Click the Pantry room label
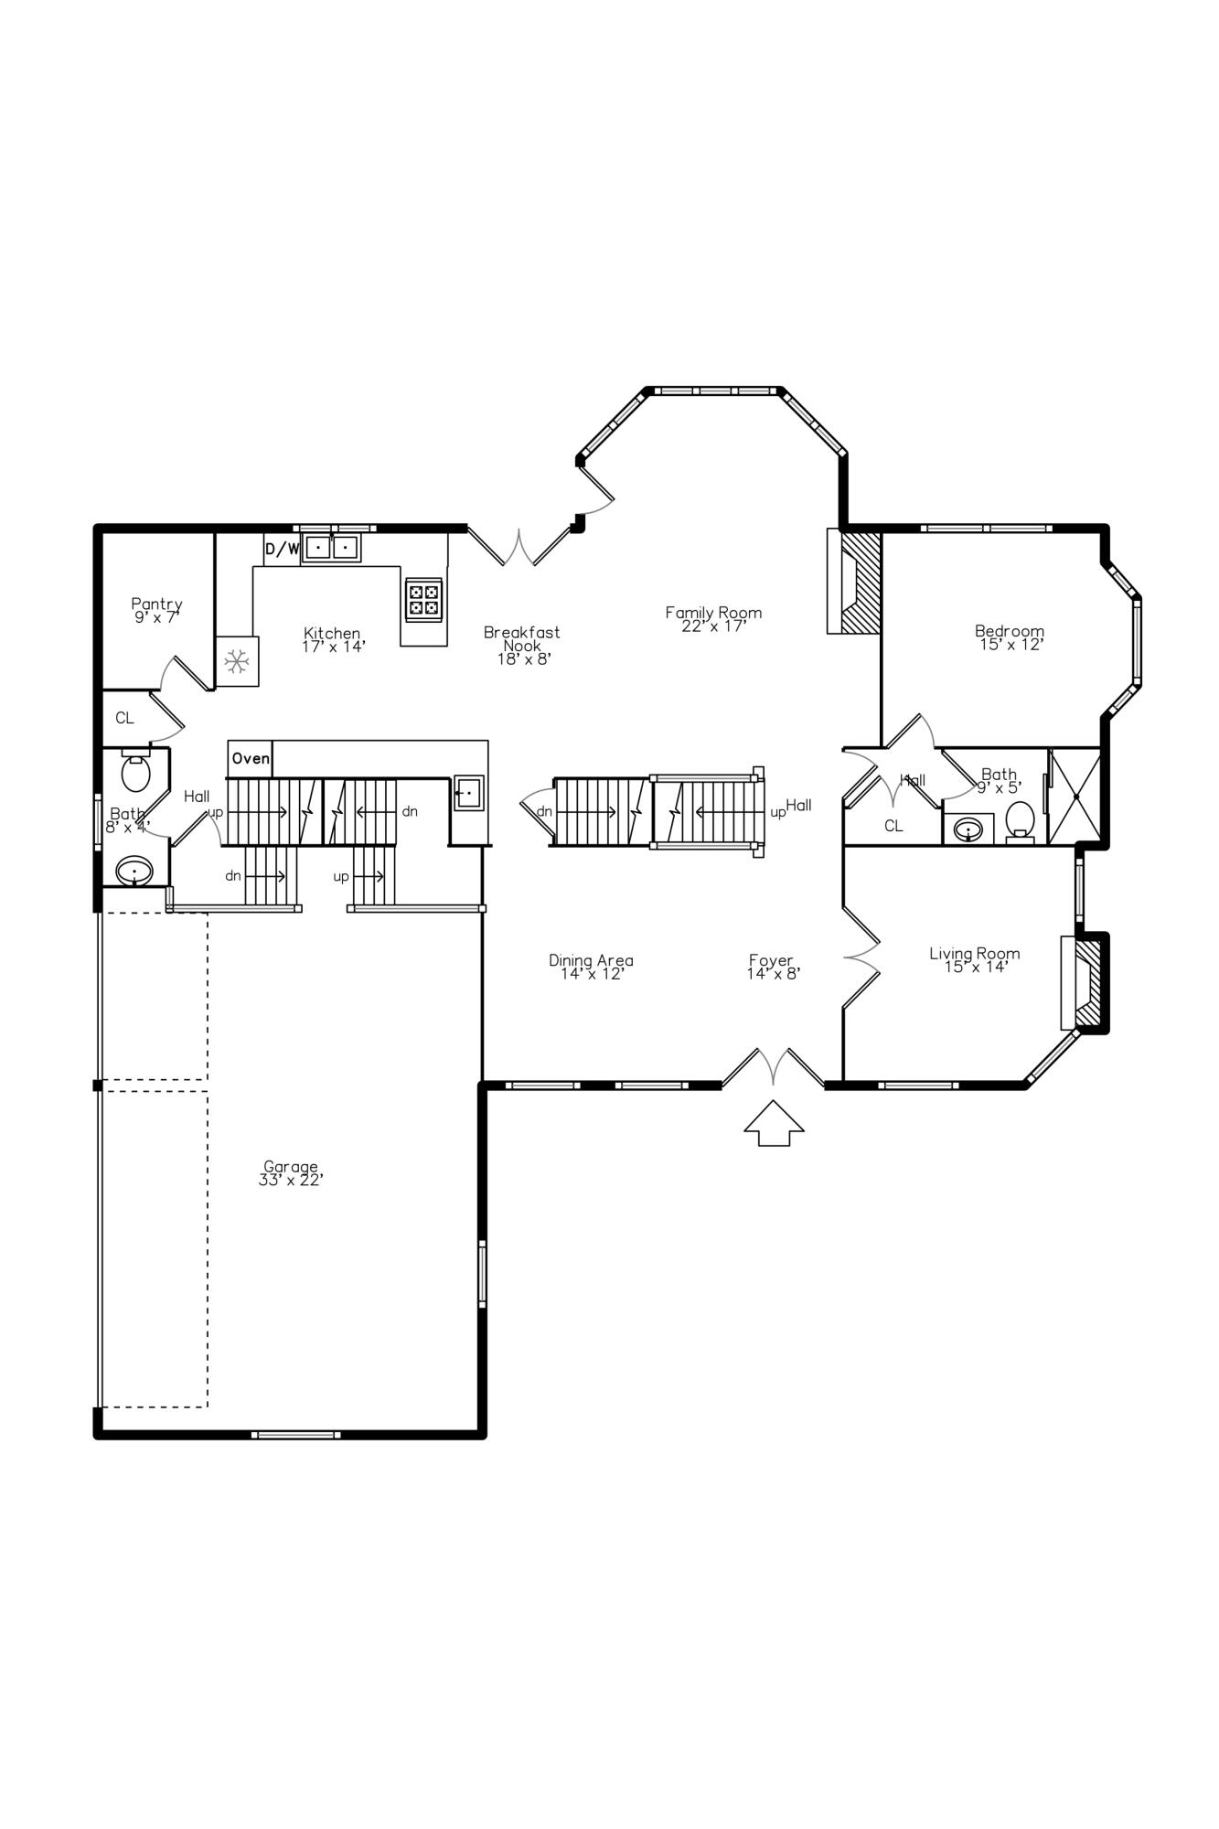coord(156,610)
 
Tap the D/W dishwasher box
coord(282,549)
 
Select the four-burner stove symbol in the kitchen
coord(423,600)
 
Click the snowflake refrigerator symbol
coord(238,661)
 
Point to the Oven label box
coord(250,758)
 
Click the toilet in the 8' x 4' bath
coord(135,774)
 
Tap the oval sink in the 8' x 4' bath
coord(134,870)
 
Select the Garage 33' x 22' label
coord(291,1173)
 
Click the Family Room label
coord(713,619)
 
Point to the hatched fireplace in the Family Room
coord(860,581)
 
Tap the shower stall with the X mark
coord(1075,797)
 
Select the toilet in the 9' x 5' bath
coord(1020,819)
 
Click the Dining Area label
coord(591,967)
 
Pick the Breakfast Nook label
coord(522,645)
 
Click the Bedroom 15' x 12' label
coord(1010,637)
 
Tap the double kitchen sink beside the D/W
coord(331,548)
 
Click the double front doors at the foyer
coord(774,1068)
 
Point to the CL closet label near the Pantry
coord(124,718)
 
